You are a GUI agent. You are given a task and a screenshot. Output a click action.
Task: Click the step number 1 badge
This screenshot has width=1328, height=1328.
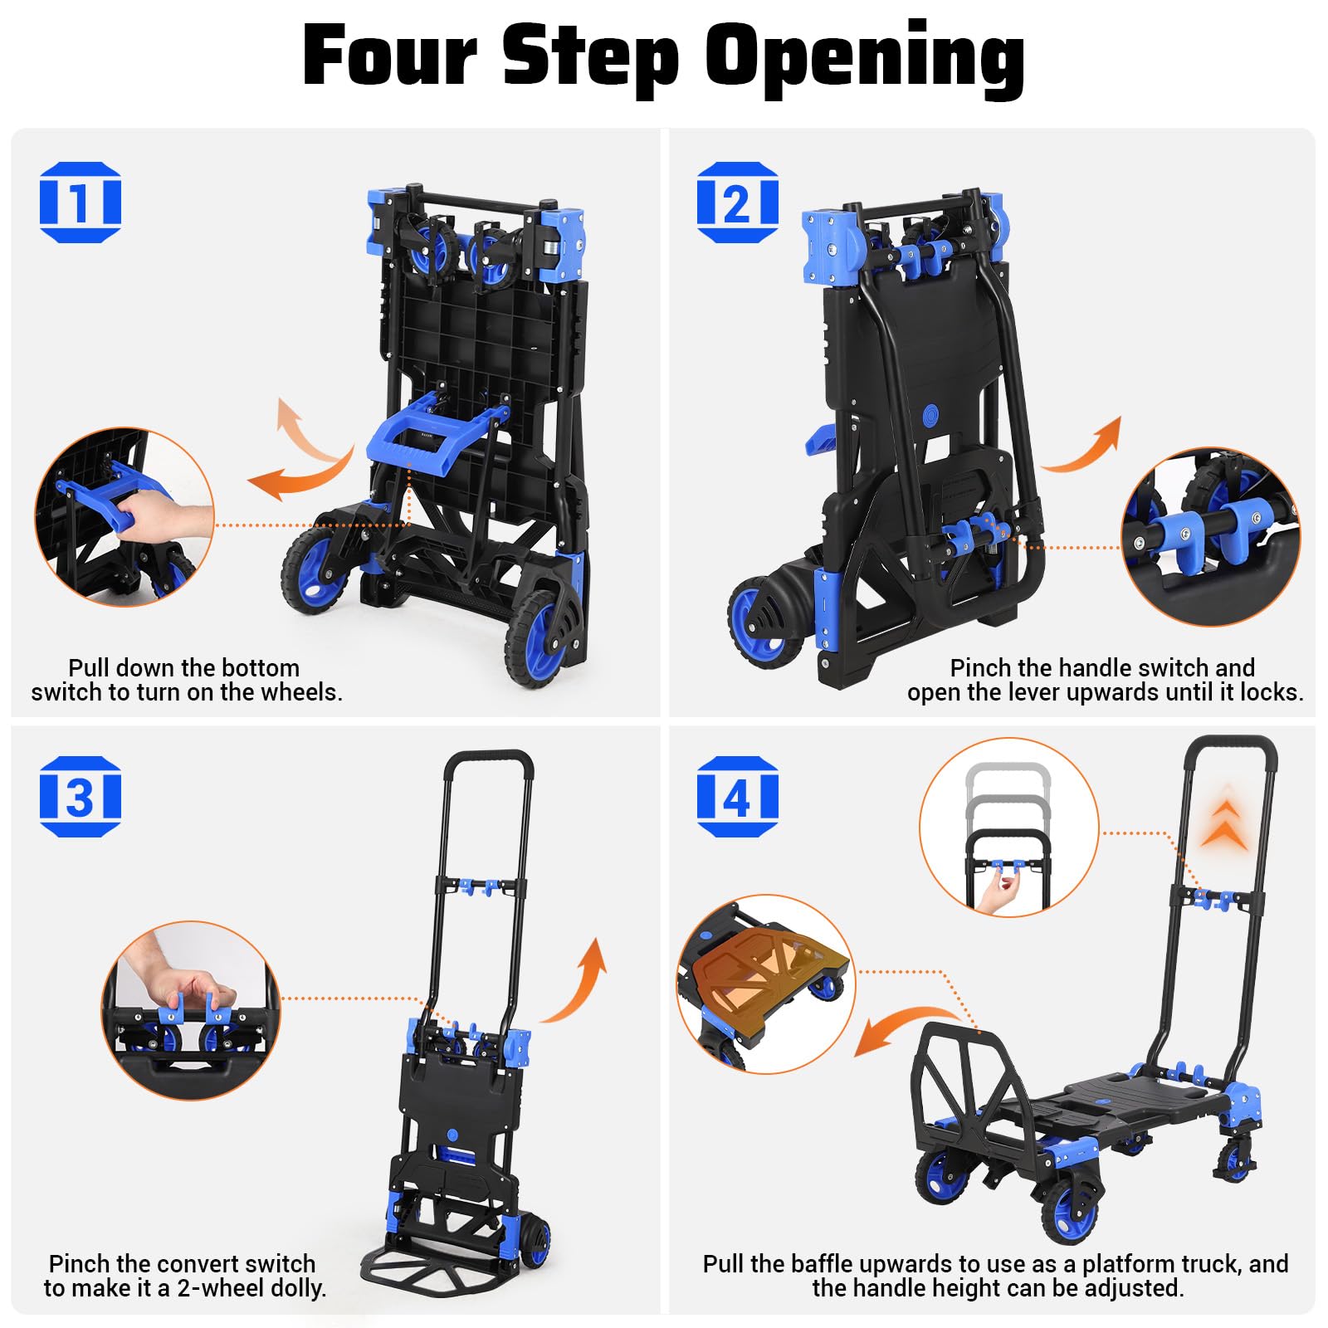80,202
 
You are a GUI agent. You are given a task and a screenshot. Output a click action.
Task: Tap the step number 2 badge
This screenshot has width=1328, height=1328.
737,202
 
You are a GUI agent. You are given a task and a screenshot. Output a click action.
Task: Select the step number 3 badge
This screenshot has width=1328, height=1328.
80,796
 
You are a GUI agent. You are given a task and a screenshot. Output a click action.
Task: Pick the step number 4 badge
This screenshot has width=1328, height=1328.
737,796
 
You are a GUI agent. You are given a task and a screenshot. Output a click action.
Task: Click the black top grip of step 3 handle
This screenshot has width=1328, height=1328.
488,758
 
